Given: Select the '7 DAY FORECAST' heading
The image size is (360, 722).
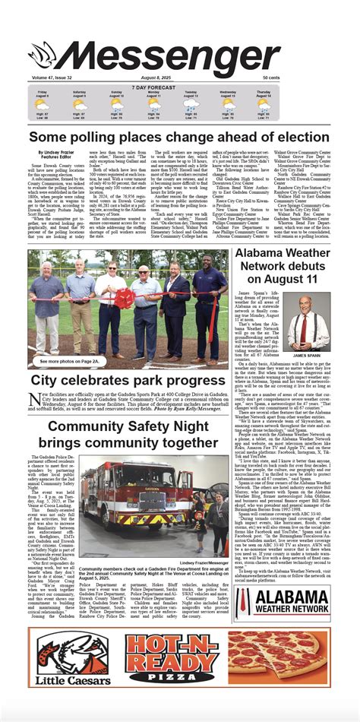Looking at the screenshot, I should pyautogui.click(x=179, y=86).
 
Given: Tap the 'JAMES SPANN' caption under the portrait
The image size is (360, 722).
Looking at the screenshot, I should pyautogui.click(x=308, y=356).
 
